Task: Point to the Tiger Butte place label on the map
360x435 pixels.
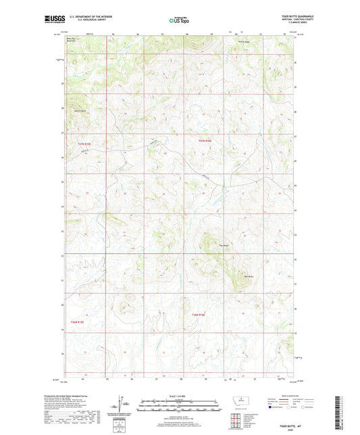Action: [238, 275]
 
